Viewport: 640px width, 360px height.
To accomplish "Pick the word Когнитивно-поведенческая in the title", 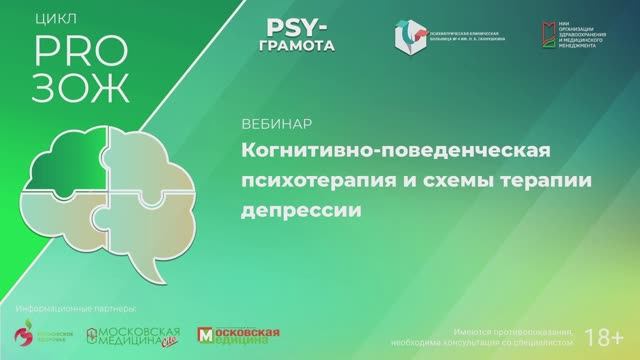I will click(x=396, y=150).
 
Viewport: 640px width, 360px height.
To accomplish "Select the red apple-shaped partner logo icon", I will click(x=20, y=337).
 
